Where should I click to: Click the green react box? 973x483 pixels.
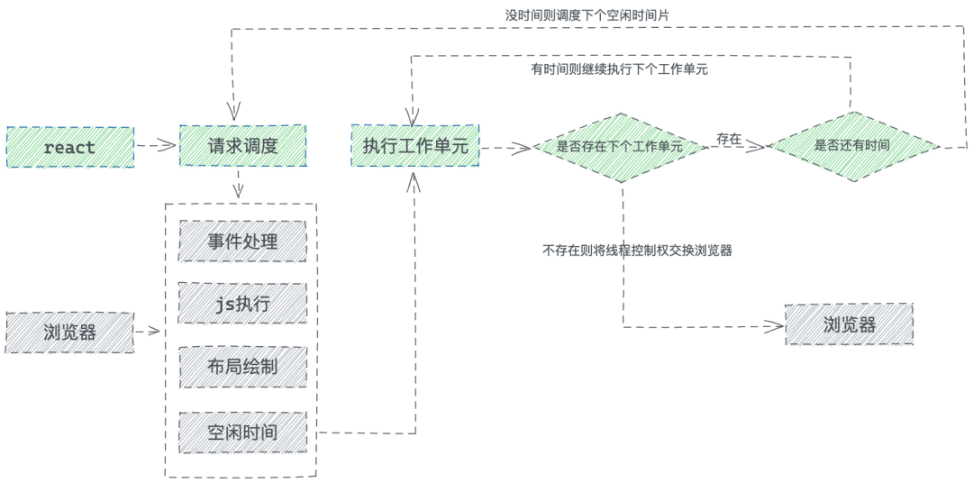[x=69, y=147]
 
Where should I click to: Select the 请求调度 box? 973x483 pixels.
[x=242, y=146]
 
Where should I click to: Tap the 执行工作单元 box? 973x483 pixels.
[x=415, y=146]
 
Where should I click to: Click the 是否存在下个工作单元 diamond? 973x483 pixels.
[x=620, y=147]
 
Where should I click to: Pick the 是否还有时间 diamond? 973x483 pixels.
[x=851, y=146]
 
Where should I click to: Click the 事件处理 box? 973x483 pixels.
[x=242, y=241]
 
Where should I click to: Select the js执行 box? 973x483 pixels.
[x=242, y=304]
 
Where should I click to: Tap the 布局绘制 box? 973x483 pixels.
[x=242, y=367]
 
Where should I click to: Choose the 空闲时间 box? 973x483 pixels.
[x=242, y=432]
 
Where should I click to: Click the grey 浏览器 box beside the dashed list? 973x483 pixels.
[x=69, y=332]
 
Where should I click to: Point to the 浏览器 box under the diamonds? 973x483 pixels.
[x=849, y=324]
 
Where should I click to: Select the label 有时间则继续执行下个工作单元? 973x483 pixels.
[x=619, y=69]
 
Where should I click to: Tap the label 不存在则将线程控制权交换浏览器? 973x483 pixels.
[x=637, y=251]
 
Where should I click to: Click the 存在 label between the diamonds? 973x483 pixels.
[x=729, y=139]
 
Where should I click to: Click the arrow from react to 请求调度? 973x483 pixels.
[x=156, y=146]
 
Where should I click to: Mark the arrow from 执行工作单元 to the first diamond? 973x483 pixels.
[x=505, y=147]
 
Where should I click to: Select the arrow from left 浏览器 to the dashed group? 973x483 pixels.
[x=149, y=332]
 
